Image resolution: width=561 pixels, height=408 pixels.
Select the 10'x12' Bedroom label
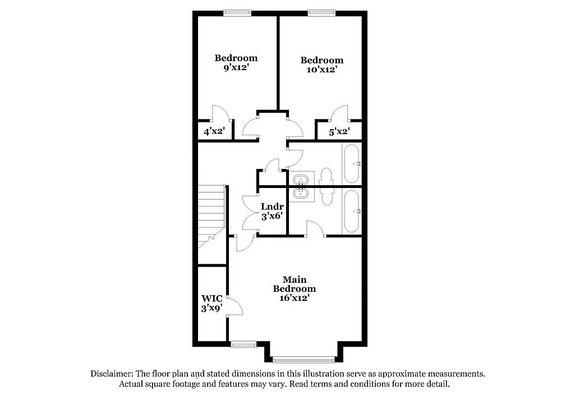click(x=321, y=65)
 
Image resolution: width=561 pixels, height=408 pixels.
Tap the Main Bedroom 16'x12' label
click(x=294, y=288)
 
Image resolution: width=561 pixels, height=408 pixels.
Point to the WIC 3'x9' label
click(x=212, y=303)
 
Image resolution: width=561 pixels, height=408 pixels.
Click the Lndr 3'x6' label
click(x=272, y=211)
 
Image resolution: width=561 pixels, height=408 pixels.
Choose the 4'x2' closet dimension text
click(x=214, y=132)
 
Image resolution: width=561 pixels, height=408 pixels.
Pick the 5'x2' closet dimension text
click(x=339, y=132)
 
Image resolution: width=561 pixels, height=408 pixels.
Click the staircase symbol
click(x=211, y=217)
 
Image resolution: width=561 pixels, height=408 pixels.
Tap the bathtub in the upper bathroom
click(x=352, y=164)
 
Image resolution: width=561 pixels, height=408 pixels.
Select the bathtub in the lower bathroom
click(x=352, y=211)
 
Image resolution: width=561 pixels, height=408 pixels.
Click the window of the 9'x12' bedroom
click(x=236, y=13)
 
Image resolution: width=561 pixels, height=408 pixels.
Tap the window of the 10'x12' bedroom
click(x=321, y=13)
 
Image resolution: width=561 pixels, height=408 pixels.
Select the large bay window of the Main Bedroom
click(x=304, y=359)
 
